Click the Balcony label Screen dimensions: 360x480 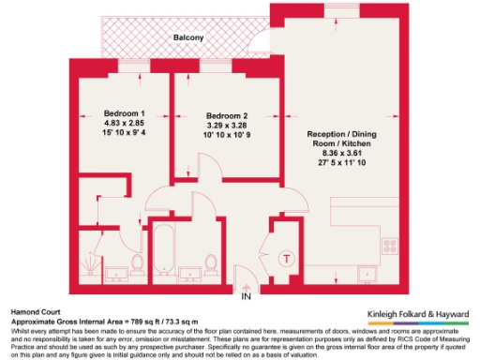pyautogui.click(x=191, y=37)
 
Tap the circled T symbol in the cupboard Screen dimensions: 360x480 pyautogui.click(x=287, y=257)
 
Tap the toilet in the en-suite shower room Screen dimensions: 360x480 pyautogui.click(x=137, y=266)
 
